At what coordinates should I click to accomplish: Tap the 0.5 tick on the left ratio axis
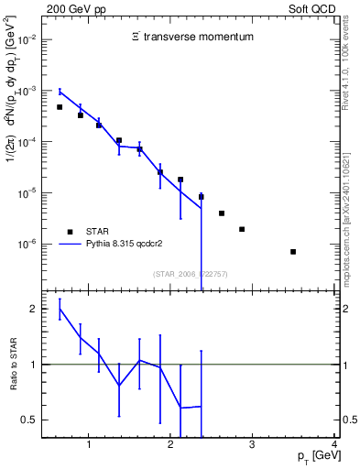30,420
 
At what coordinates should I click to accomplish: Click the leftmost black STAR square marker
60,107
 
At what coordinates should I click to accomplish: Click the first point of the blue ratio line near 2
60,310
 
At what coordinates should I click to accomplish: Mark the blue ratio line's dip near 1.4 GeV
119,386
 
